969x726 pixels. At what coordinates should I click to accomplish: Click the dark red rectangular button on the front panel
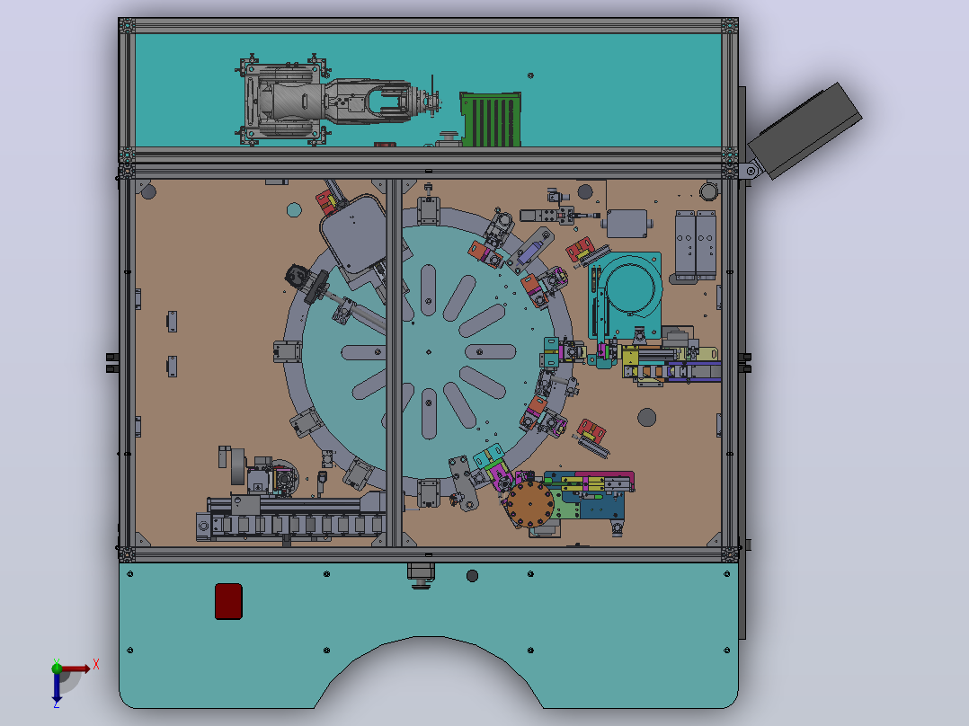(x=228, y=600)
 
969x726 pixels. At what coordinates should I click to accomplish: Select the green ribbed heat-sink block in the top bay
(x=491, y=120)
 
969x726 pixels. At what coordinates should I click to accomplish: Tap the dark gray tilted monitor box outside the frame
(x=805, y=130)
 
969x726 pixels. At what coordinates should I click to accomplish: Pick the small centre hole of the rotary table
(x=428, y=352)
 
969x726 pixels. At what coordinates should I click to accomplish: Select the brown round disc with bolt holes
(x=529, y=505)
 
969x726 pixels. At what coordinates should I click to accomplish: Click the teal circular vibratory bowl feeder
(x=629, y=288)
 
